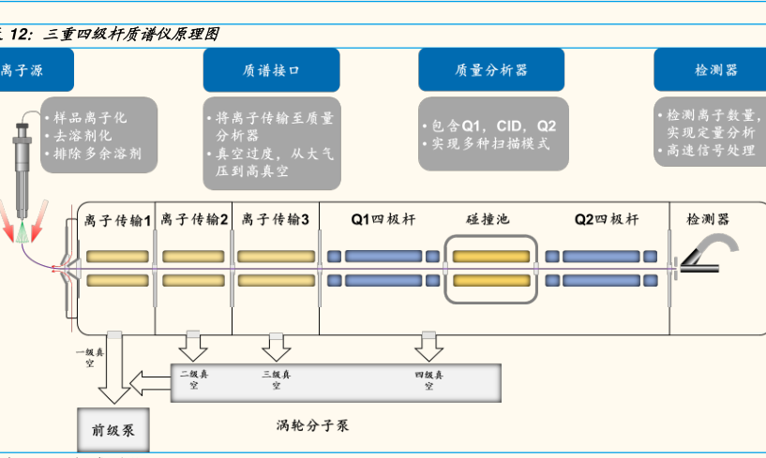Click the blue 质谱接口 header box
(x=257, y=70)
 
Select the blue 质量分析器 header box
(x=491, y=70)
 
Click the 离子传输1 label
(x=115, y=221)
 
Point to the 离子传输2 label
(x=194, y=220)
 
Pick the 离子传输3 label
(x=275, y=220)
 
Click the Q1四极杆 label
(x=383, y=220)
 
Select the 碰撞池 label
(x=488, y=220)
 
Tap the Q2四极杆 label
(x=607, y=220)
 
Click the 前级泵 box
(x=113, y=431)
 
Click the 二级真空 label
(x=194, y=379)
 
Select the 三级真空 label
(x=276, y=379)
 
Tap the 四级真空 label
(x=429, y=379)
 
